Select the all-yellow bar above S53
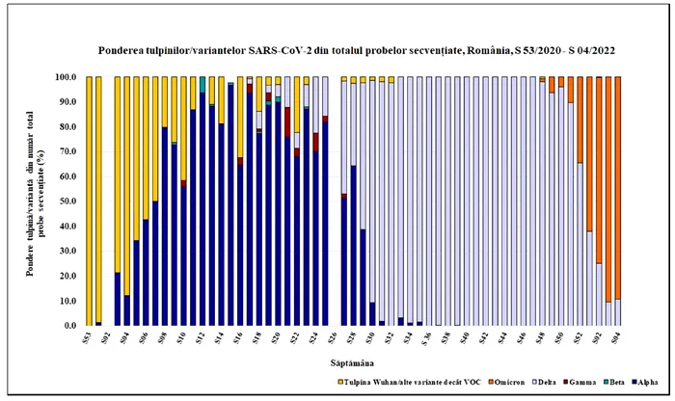(89, 201)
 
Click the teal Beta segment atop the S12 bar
(202, 84)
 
